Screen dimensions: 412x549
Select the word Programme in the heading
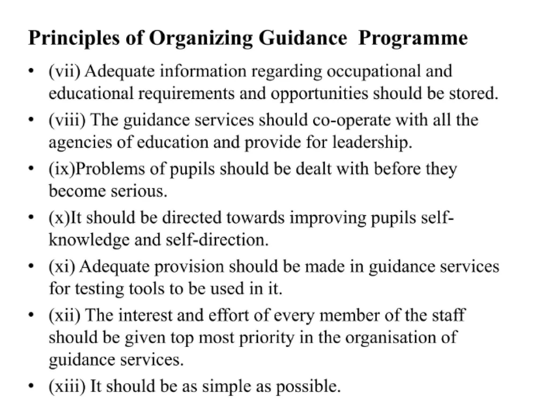[413, 38]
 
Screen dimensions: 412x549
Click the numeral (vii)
[64, 71]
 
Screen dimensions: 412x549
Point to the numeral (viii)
[67, 120]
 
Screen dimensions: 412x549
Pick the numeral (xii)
[64, 315]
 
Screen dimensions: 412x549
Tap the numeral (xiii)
[67, 386]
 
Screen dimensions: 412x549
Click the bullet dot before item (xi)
[31, 266]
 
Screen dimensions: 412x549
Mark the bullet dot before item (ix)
[31, 169]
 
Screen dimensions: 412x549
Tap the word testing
[99, 289]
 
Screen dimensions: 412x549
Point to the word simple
[227, 386]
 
